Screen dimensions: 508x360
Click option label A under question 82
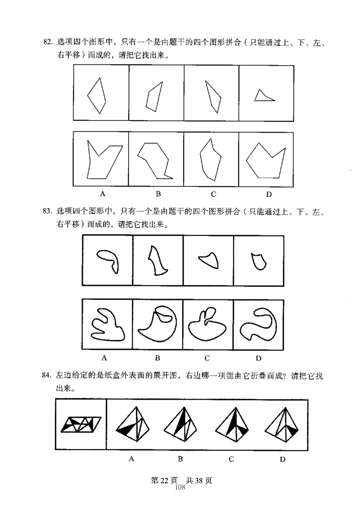point(103,194)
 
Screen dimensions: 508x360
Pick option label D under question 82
point(269,194)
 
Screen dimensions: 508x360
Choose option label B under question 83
point(157,358)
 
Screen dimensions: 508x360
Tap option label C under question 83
point(207,358)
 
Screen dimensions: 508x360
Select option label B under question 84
point(180,459)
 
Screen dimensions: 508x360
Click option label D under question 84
point(283,459)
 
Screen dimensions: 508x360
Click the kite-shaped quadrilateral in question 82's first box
point(97,96)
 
